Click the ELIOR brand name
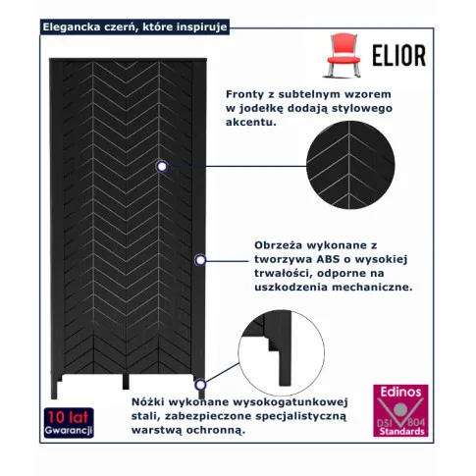[x=399, y=55]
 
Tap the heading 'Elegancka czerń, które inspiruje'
[x=134, y=26]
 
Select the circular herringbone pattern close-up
[x=350, y=165]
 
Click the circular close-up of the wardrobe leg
[x=282, y=352]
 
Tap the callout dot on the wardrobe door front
[x=162, y=167]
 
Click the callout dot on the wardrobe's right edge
[x=200, y=260]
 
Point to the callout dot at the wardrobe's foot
[x=200, y=385]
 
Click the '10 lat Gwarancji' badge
[x=69, y=423]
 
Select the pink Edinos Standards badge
[x=400, y=411]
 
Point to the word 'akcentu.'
[x=251, y=123]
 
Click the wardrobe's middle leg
[x=126, y=382]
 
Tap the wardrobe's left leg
[x=54, y=387]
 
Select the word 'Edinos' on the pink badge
[x=400, y=392]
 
